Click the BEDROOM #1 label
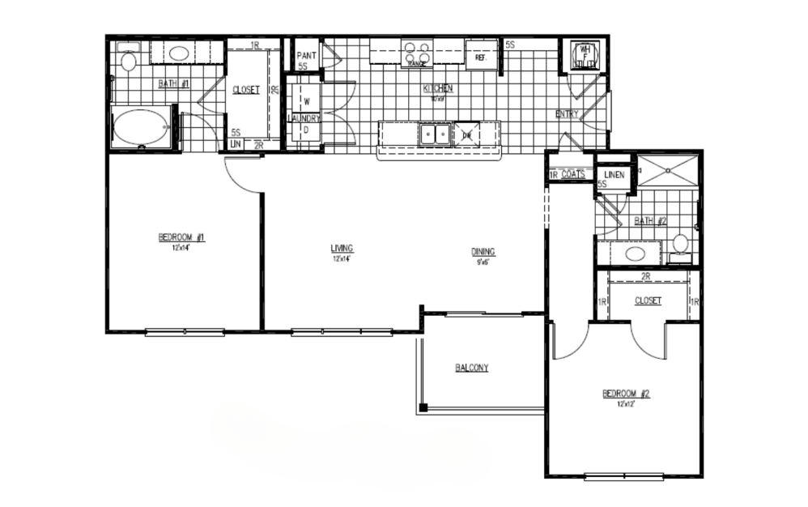[x=182, y=237]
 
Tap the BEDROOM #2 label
[x=626, y=394]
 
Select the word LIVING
[x=342, y=248]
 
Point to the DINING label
[x=483, y=251]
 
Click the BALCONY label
[x=470, y=368]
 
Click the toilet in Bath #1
[x=128, y=61]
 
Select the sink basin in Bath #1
[x=180, y=53]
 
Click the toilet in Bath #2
[x=680, y=244]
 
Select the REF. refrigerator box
[x=479, y=58]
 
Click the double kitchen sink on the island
[x=435, y=134]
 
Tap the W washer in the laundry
[x=306, y=101]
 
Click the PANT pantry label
[x=306, y=56]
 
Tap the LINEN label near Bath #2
[x=613, y=174]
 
